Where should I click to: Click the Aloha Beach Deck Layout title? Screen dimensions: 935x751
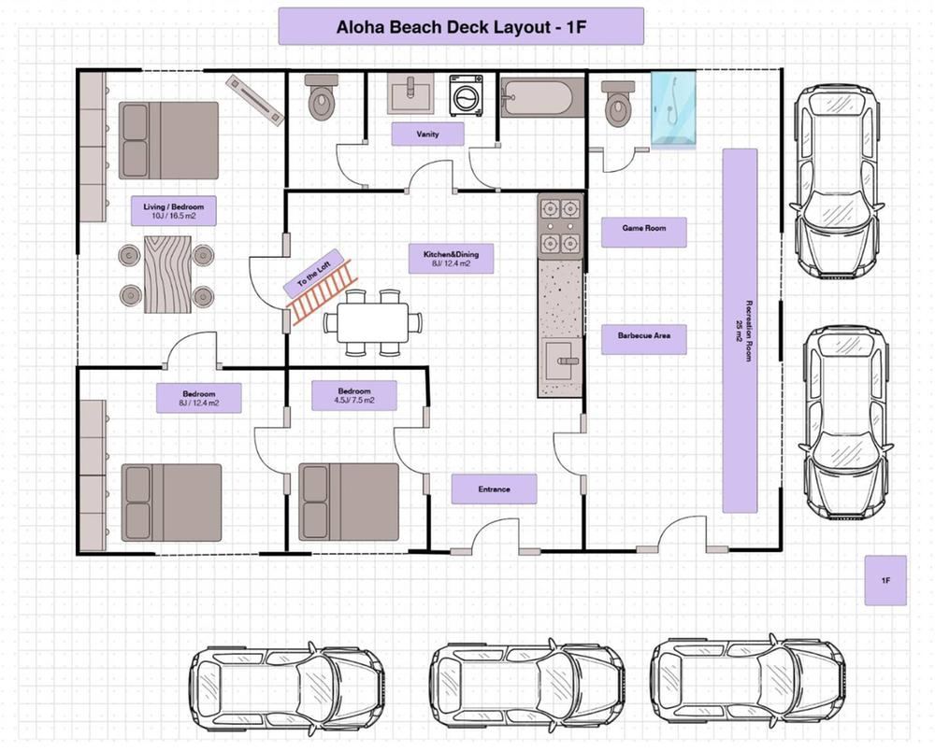461,26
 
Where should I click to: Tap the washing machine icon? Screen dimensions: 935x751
466,95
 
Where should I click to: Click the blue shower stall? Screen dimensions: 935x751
673,110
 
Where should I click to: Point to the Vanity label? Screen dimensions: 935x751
427,134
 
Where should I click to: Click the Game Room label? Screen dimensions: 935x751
644,232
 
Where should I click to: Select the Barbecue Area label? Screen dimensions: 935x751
644,339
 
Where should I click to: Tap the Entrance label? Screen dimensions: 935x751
494,489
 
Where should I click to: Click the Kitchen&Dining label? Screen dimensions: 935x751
451,259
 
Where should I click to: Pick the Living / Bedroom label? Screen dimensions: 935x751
174,211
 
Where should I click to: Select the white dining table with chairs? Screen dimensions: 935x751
372,323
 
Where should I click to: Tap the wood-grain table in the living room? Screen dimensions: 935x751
167,274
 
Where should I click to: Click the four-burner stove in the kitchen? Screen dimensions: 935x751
560,226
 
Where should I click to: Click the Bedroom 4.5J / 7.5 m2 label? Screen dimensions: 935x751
354,395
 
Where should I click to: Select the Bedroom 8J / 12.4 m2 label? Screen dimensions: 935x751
198,398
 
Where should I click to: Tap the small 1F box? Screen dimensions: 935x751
885,581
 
